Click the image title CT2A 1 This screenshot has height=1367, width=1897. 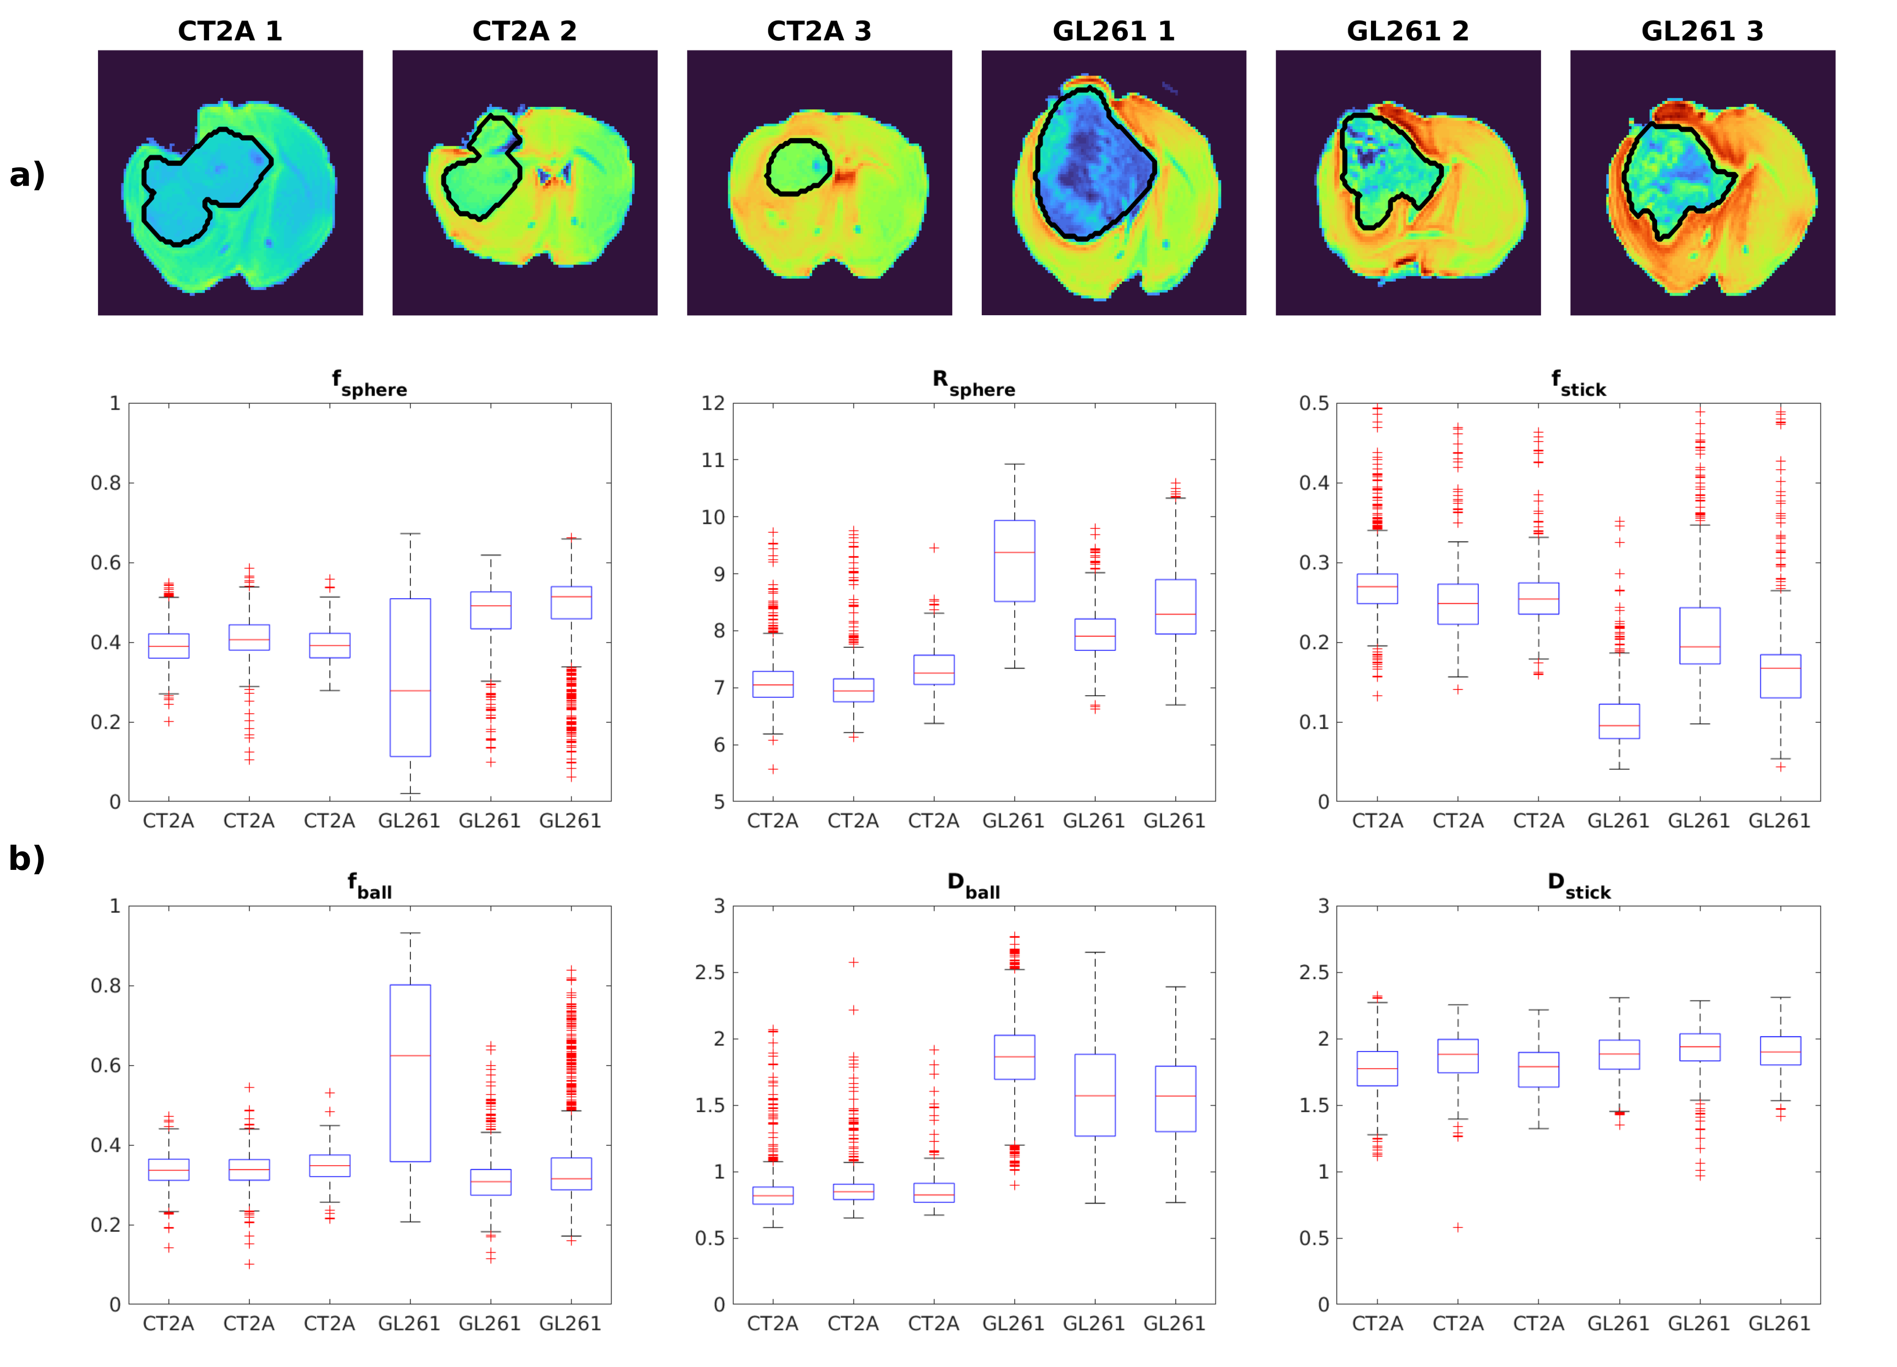(230, 31)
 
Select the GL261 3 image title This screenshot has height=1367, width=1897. (1702, 31)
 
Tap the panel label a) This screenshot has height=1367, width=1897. (27, 175)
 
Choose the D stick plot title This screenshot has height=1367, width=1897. (1578, 886)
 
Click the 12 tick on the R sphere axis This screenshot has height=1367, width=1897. (713, 403)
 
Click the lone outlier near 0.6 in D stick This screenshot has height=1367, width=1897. (1458, 1227)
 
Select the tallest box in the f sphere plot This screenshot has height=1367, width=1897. (410, 678)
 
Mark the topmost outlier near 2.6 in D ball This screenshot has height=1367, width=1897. (853, 962)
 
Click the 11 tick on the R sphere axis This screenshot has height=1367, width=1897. (713, 460)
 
